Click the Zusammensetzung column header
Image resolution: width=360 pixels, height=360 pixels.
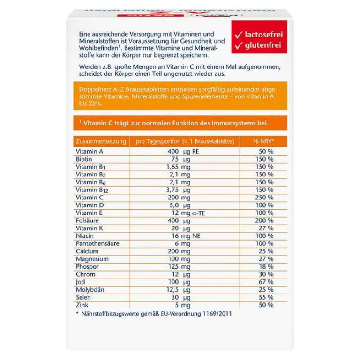pyautogui.click(x=100, y=141)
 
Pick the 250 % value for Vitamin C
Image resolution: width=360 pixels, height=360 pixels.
pyautogui.click(x=264, y=197)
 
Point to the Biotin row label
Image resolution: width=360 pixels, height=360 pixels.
pyautogui.click(x=84, y=159)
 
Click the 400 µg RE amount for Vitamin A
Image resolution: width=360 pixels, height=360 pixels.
pyautogui.click(x=186, y=152)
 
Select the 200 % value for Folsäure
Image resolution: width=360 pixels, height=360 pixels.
pyautogui.click(x=264, y=220)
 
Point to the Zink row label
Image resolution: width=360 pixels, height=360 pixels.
pyautogui.click(x=82, y=305)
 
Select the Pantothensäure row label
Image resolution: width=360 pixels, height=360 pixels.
pyautogui.click(x=97, y=243)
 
